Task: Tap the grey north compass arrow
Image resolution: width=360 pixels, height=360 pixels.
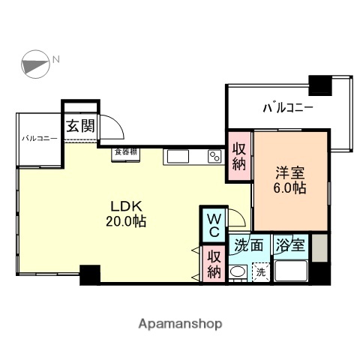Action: click(x=35, y=64)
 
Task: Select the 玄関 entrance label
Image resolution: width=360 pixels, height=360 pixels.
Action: click(x=80, y=126)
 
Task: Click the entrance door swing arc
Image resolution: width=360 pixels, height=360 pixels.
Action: click(x=112, y=126)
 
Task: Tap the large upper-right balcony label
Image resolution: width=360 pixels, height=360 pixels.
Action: click(x=287, y=108)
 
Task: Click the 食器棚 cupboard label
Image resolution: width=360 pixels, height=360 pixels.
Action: click(x=125, y=152)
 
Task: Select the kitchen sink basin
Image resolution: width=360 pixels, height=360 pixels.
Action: click(x=178, y=156)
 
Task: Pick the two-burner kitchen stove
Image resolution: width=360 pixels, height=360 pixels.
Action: click(x=214, y=157)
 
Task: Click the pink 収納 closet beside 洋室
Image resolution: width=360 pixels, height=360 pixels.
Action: click(x=239, y=157)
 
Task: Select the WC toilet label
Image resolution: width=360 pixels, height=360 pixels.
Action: click(x=213, y=223)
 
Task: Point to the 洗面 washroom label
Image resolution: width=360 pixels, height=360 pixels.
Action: click(x=248, y=244)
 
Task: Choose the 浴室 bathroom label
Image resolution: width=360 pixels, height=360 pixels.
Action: click(x=289, y=244)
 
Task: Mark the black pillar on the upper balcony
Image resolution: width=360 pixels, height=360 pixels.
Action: click(x=320, y=85)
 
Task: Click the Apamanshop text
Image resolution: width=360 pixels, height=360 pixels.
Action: click(x=180, y=324)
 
